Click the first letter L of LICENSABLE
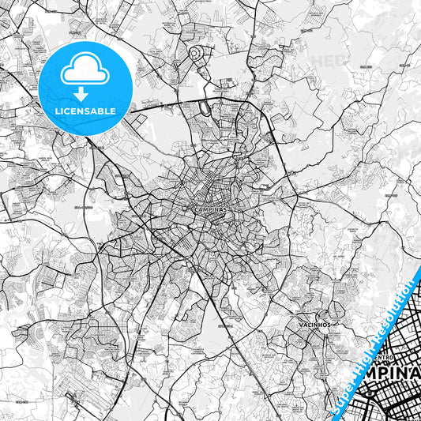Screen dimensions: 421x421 56,111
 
